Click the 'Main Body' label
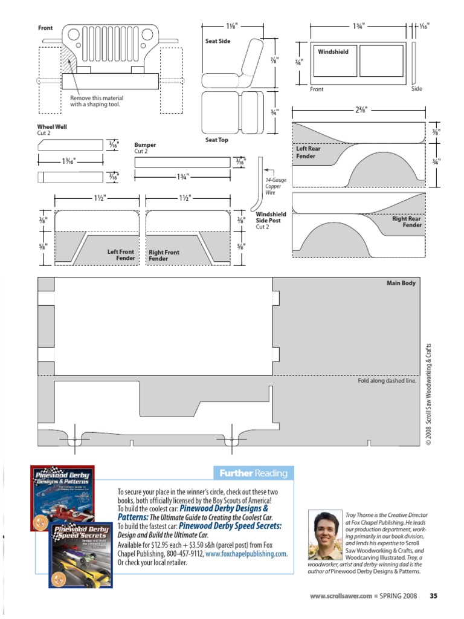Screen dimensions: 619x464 401,283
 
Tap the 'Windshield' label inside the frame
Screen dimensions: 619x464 333,52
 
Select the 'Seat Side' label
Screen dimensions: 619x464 218,41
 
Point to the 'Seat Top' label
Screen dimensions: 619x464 217,140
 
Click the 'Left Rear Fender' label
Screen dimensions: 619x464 308,152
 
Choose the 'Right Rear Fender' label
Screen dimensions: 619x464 407,222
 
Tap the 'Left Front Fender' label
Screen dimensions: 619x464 121,255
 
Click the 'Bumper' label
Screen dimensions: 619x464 145,145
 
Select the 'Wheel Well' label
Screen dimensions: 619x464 53,127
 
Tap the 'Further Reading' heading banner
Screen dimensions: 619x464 253,473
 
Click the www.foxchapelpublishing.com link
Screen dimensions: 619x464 246,554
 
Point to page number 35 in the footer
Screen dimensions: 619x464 433,596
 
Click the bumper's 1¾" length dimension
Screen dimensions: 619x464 182,176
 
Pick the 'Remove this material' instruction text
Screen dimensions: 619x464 97,101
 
